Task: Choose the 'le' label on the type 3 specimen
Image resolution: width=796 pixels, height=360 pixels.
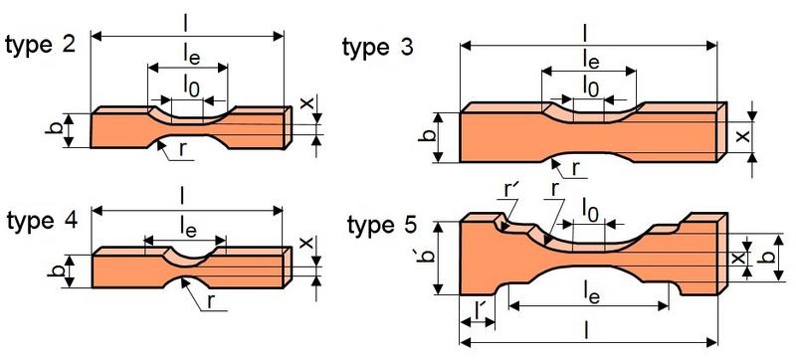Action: click(x=590, y=61)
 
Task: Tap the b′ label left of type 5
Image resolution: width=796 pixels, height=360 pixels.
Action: click(x=429, y=266)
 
